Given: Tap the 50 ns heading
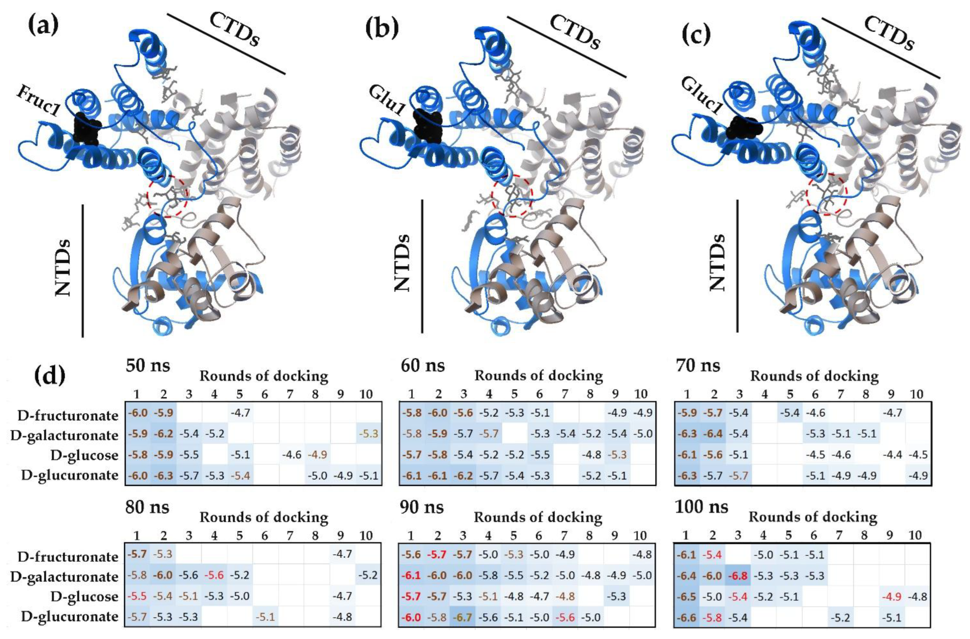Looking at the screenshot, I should [147, 366].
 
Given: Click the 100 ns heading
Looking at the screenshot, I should [701, 507].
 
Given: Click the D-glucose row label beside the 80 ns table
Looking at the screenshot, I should [84, 596].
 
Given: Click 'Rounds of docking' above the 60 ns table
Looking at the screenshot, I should [538, 375].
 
